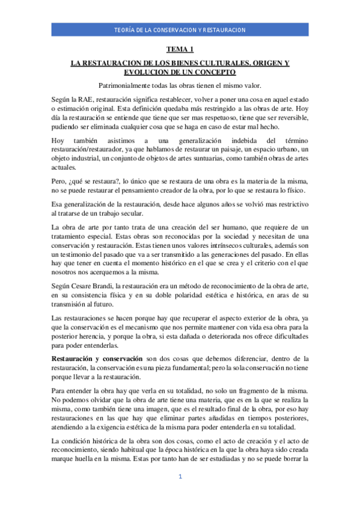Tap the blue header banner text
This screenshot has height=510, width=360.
180,30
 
